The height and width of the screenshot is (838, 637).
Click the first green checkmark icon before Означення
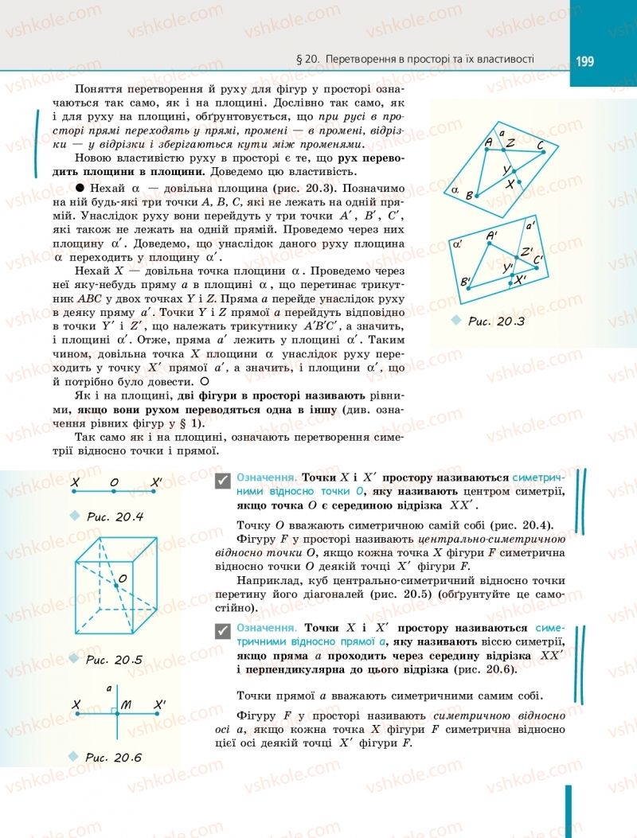224,479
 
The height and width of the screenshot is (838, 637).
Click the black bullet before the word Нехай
80,188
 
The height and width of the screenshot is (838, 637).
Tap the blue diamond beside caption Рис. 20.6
75,755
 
